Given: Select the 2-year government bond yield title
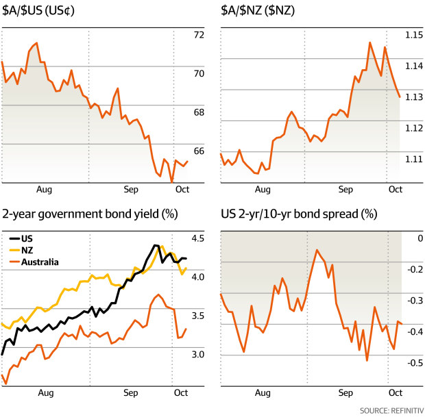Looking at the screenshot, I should point(90,214).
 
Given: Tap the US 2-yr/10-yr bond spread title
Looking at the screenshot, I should point(299,214).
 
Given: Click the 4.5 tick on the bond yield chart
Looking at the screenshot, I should point(199,238).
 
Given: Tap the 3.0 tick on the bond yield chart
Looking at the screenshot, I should point(199,354).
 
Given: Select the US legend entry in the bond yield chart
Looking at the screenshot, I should point(27,239).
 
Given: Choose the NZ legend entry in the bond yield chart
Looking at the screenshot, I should point(27,250).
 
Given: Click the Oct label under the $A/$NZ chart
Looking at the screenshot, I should point(395,190).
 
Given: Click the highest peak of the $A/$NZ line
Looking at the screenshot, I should point(369,42).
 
